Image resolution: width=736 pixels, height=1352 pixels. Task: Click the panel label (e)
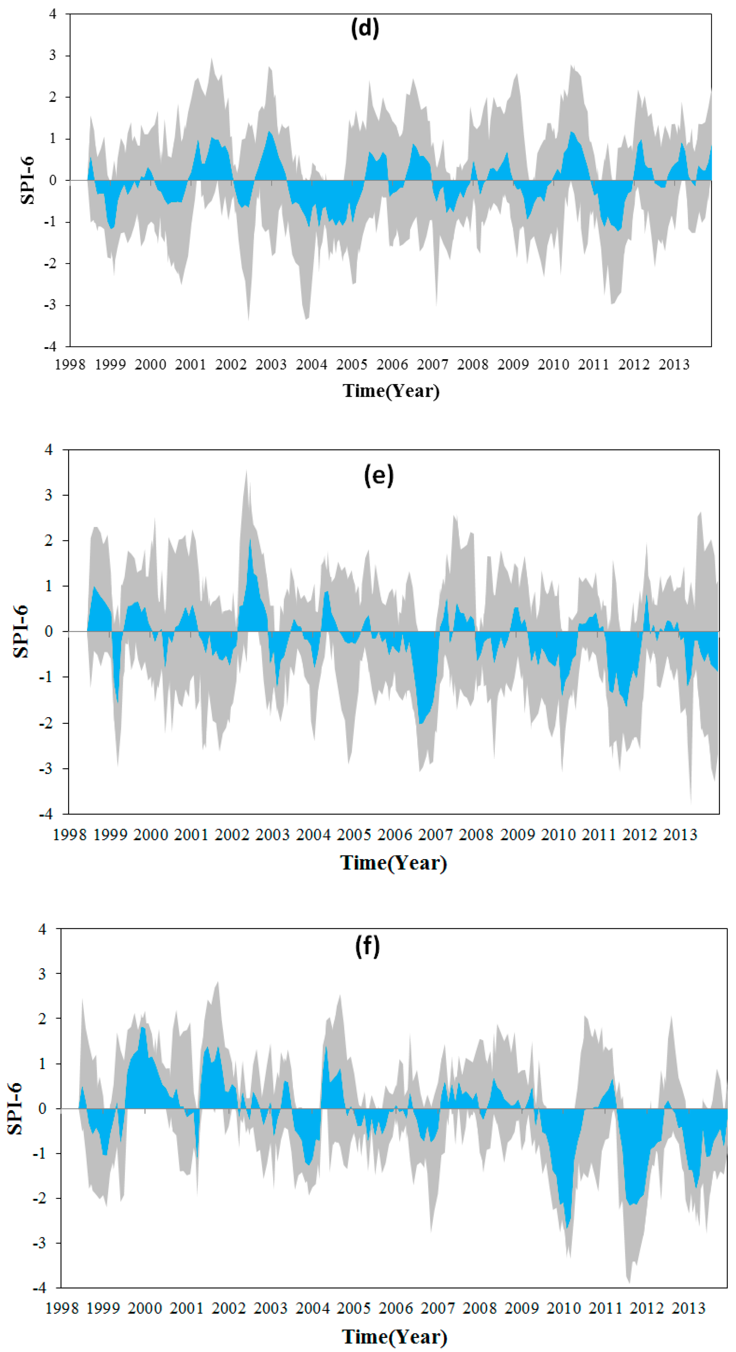click(378, 475)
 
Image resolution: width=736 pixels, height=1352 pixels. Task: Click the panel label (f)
click(367, 946)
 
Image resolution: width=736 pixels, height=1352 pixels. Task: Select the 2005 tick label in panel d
click(352, 364)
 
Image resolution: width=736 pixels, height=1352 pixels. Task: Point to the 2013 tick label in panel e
click(680, 835)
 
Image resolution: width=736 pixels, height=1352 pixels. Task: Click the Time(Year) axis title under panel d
click(391, 391)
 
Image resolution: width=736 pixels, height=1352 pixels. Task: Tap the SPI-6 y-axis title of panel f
click(15, 1108)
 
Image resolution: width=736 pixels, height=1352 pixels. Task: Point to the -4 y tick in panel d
click(50, 347)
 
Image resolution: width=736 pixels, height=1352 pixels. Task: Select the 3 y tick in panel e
click(49, 495)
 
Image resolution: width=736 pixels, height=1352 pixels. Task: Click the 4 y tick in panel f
click(42, 929)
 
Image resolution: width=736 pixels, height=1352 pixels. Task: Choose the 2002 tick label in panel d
click(231, 364)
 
